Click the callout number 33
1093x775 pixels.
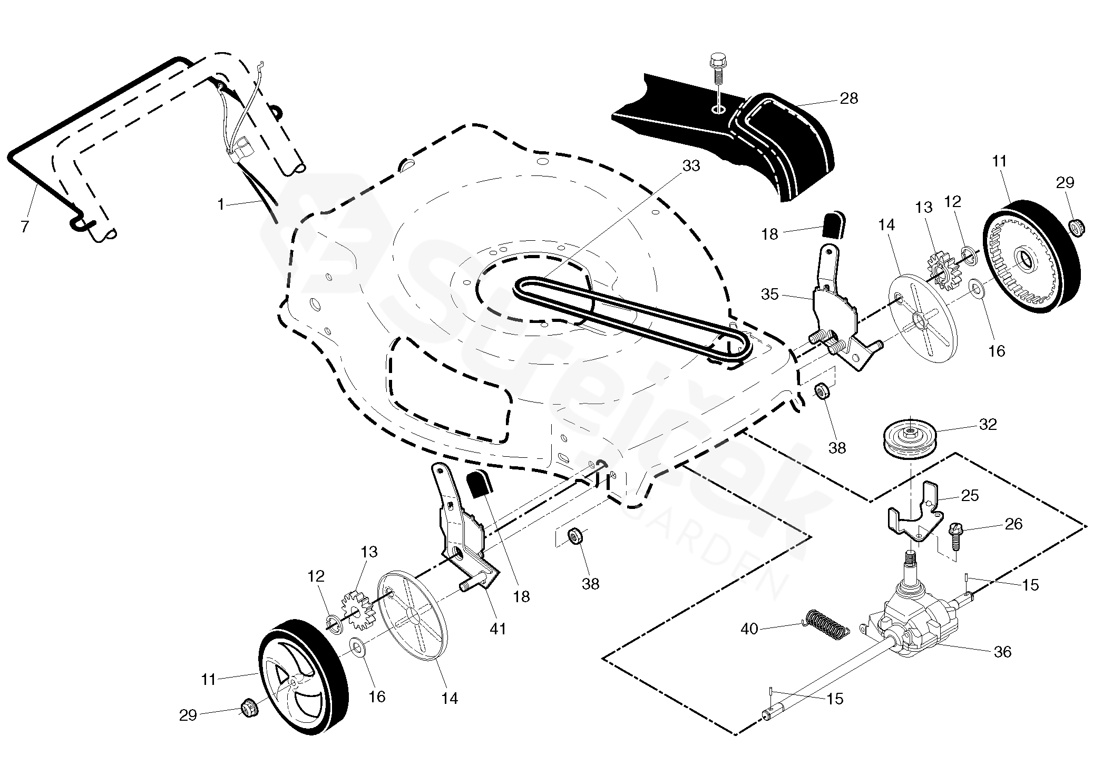(x=691, y=165)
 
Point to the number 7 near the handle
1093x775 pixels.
(x=24, y=227)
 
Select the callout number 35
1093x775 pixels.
(x=770, y=294)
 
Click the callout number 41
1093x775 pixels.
(x=498, y=628)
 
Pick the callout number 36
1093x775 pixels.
(x=1002, y=652)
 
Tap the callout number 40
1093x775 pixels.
(x=749, y=629)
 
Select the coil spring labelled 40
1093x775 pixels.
(x=826, y=623)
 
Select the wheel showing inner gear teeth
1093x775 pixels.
(x=1032, y=257)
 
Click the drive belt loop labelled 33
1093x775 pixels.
(x=632, y=319)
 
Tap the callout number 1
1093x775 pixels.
(x=221, y=204)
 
